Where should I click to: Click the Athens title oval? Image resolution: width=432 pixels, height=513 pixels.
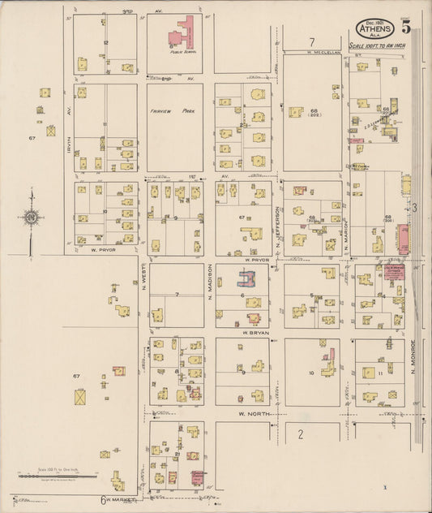tap(374, 28)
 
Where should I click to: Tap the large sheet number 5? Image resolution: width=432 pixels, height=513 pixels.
tap(405, 25)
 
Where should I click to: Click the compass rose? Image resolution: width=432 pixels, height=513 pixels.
tap(30, 218)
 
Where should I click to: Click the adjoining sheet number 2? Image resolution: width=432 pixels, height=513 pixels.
tap(300, 433)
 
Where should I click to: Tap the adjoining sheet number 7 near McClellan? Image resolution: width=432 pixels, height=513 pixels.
tap(310, 41)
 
